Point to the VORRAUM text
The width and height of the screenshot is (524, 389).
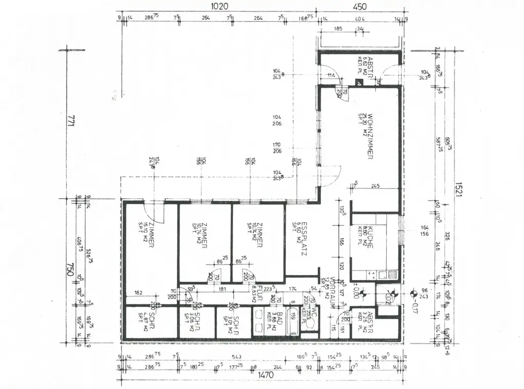[x=332, y=293]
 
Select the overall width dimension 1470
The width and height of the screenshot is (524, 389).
[x=265, y=375]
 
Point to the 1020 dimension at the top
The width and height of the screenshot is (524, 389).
[x=219, y=7]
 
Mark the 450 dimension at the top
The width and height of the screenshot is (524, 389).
[x=360, y=7]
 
